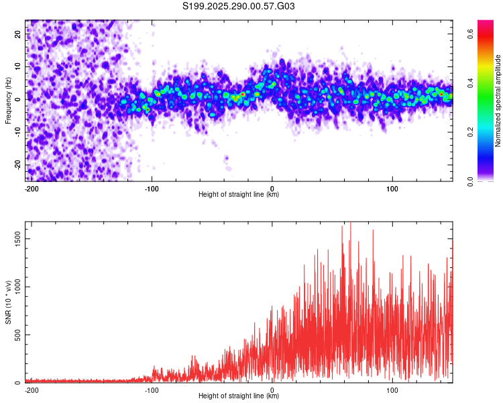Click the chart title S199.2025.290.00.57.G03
pos(239,7)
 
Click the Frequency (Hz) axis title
pos(8,100)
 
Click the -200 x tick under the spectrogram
pos(30,187)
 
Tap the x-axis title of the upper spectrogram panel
pos(239,195)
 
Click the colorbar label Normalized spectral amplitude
pos(498,100)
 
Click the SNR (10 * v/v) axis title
pos(8,302)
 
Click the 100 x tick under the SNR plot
pos(392,389)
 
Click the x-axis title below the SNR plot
pos(239,396)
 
